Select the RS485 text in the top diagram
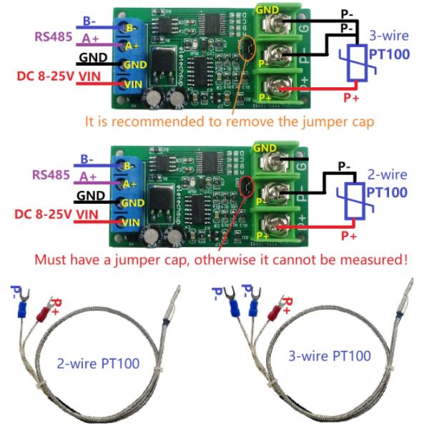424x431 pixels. tap(51, 36)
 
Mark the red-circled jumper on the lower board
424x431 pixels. tap(246, 189)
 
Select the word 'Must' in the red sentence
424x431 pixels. tap(49, 259)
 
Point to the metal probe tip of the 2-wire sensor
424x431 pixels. tap(171, 307)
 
